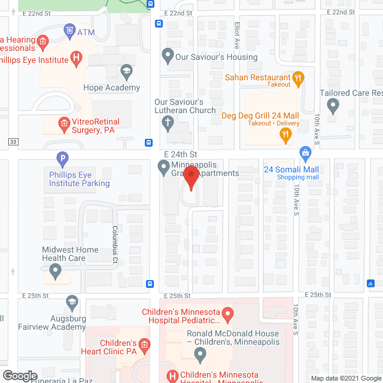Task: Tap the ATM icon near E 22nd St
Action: coord(70,29)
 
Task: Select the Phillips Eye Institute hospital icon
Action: coord(75,57)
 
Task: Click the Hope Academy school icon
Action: coord(126,73)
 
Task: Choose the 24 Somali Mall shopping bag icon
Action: coord(305,154)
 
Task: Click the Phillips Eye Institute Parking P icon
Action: coord(62,160)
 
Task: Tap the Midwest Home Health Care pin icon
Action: coord(55,272)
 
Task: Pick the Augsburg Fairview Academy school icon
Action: coord(72,302)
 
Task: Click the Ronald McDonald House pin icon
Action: coord(200,354)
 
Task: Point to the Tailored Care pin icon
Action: coord(333,107)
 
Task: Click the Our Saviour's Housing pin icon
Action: coord(168,57)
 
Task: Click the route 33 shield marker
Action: coord(12,142)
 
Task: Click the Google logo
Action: coord(20,376)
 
